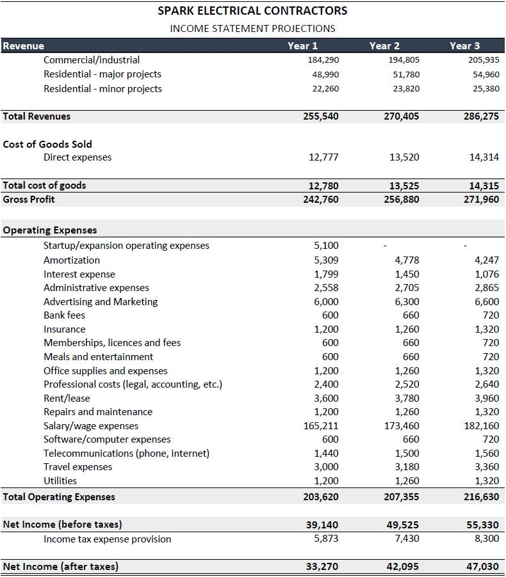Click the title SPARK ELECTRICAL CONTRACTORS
pos(253,11)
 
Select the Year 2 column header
pos(384,45)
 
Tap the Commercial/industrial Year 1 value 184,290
pos(323,60)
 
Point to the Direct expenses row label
pos(78,157)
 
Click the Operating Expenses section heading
pos(50,230)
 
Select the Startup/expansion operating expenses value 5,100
pos(327,246)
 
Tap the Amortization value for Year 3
pos(487,260)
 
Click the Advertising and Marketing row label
pos(101,302)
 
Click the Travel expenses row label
pos(78,467)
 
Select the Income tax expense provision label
pos(107,539)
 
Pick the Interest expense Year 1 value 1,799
pos(327,274)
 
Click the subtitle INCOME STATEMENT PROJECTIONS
pos(252,28)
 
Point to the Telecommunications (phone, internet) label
pos(126,454)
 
